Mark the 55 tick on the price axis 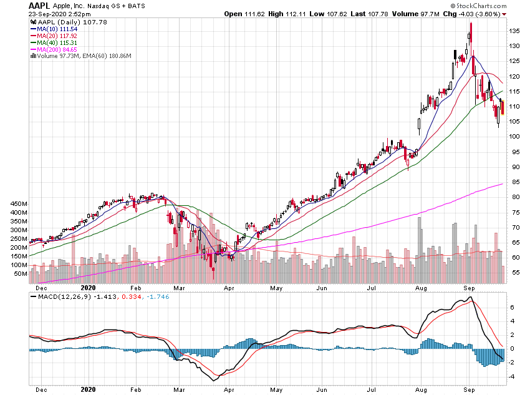(x=513, y=273)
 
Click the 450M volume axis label (x=18, y=204)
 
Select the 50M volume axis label (x=20, y=274)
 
